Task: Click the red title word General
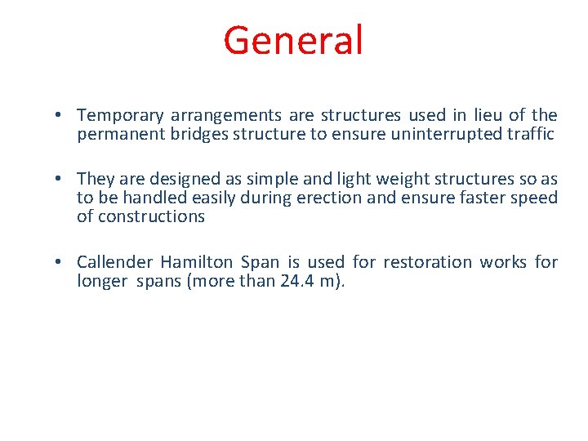tap(293, 40)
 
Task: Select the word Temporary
tap(119, 116)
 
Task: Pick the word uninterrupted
tap(430, 135)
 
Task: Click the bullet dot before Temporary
tap(62, 116)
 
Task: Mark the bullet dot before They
tap(62, 179)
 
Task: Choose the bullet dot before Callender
tap(62, 262)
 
